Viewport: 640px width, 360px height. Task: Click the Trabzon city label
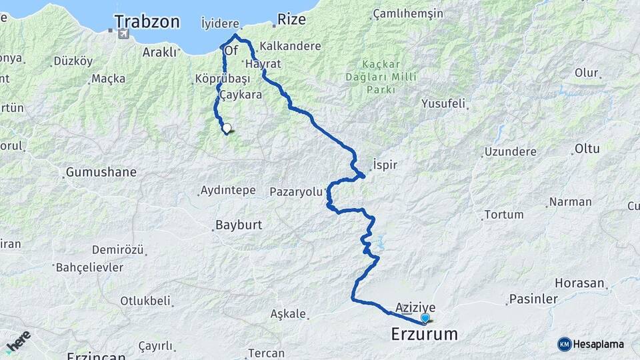point(147,22)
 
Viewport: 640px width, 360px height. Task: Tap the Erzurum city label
point(425,333)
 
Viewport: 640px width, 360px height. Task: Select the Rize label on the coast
point(291,19)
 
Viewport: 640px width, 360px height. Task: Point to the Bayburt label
point(237,225)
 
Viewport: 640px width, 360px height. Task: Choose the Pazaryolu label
point(296,192)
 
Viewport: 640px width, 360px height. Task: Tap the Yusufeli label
point(443,104)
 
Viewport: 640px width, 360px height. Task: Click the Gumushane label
point(101,172)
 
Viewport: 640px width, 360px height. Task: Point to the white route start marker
point(227,129)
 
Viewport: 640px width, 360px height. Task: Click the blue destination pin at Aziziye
point(425,318)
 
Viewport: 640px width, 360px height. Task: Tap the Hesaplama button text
point(599,344)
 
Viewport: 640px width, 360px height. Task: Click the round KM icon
point(564,344)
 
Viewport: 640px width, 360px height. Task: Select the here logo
point(18,341)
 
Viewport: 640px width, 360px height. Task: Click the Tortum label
point(503,215)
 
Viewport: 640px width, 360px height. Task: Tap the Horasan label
point(583,283)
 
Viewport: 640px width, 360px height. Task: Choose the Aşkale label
point(288,313)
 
